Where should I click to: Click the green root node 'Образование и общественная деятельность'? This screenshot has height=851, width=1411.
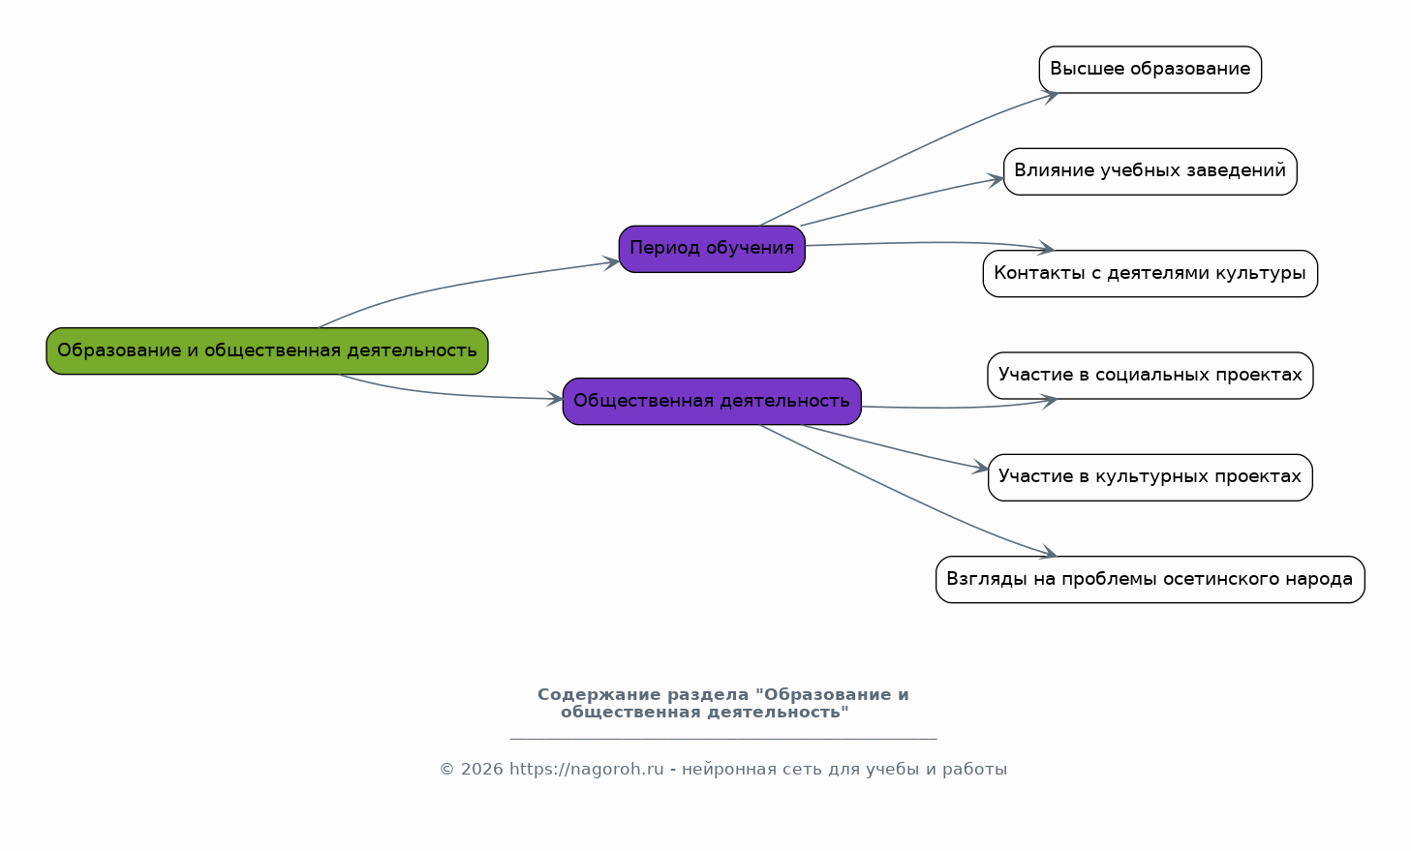click(267, 350)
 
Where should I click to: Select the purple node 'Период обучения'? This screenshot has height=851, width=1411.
click(712, 249)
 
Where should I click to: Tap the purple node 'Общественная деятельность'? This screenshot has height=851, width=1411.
click(712, 401)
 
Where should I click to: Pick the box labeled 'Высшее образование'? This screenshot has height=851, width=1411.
click(1150, 70)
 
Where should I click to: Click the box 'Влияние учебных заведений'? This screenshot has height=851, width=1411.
click(1150, 171)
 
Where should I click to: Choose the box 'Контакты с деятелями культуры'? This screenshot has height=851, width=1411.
click(1150, 273)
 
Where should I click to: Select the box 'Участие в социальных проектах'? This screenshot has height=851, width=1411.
click(1150, 376)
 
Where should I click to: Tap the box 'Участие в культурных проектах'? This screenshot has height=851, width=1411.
click(1150, 477)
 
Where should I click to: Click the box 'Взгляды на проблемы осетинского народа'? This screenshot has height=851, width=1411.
click(1150, 580)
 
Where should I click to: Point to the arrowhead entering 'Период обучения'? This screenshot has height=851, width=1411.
click(612, 262)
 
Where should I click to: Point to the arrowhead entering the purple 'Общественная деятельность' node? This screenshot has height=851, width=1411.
click(555, 399)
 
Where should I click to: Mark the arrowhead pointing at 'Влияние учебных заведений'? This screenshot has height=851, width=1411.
click(996, 181)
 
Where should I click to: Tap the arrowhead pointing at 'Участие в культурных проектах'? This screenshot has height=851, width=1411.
click(980, 468)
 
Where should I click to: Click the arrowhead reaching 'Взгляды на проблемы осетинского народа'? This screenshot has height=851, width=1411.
click(1048, 553)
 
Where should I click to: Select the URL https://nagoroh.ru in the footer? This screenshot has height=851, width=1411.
click(587, 769)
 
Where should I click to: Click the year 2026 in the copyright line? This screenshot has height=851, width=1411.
click(482, 769)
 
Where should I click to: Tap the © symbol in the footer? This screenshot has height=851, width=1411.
click(446, 769)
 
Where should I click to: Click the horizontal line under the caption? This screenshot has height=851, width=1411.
click(723, 738)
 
